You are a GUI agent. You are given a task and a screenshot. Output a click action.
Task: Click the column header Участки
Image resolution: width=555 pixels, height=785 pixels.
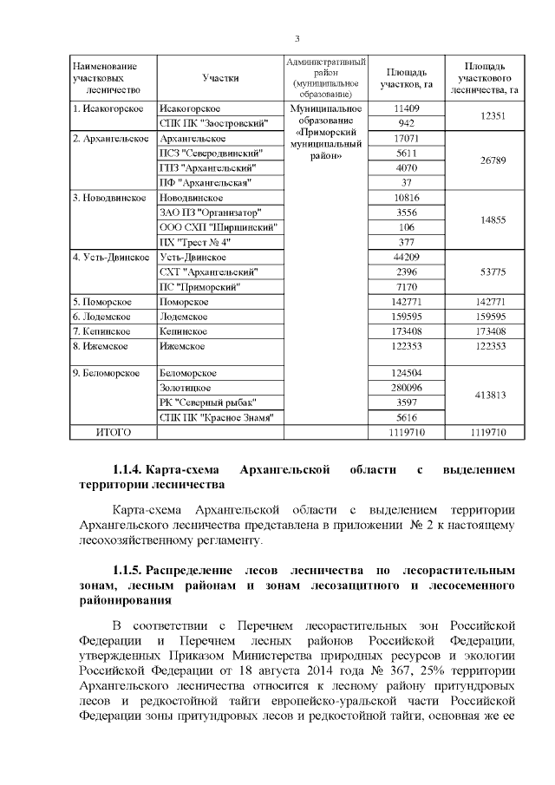point(220,77)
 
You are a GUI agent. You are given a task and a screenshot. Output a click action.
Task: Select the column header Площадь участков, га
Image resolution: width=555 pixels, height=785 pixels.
point(406,77)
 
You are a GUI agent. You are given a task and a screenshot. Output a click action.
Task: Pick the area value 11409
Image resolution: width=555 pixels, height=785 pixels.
point(406,108)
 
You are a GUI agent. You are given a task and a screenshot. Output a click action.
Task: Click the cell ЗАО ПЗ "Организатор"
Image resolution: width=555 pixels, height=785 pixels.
point(210,212)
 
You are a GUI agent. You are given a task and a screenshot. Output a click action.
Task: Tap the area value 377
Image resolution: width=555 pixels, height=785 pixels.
point(406,241)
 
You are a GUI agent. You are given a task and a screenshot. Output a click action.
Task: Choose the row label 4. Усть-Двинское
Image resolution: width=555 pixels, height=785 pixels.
point(111,257)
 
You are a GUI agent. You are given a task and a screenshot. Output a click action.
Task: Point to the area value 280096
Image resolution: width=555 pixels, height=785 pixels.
point(406,387)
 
